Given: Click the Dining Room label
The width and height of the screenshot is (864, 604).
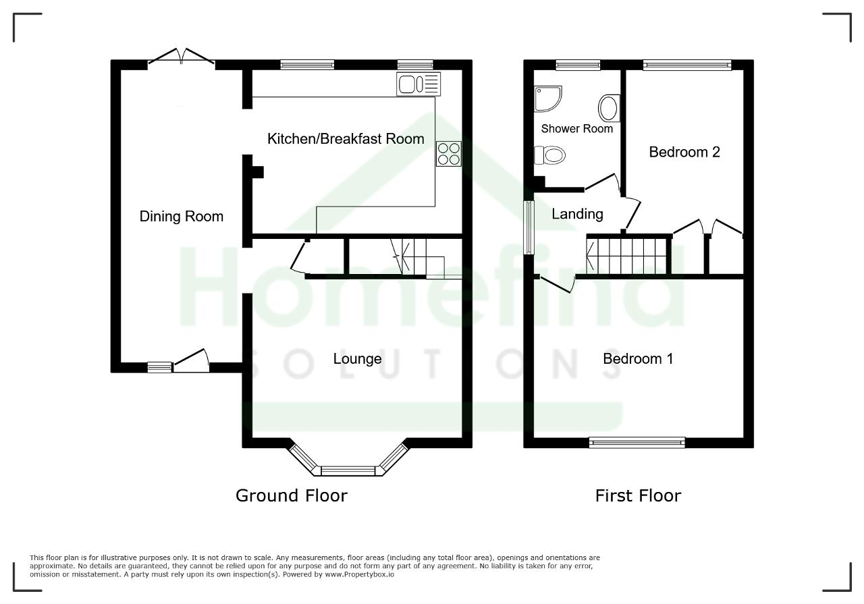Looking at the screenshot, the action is coord(182,217).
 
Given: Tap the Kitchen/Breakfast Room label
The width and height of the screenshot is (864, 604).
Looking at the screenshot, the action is coord(346,139).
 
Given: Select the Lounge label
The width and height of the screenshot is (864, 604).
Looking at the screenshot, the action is coord(357,359).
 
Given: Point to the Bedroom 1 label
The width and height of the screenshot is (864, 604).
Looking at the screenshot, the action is coord(638,359).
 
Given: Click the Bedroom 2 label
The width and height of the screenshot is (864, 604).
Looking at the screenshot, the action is coord(684,152).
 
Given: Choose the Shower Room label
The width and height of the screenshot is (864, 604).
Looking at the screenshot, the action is coord(576,128).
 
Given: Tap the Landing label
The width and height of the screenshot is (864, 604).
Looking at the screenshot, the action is coord(577,214).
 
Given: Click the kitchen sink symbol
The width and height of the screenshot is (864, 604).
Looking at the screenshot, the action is coord(418,84).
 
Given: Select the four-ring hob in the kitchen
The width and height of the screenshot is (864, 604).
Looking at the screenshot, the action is coord(449,153).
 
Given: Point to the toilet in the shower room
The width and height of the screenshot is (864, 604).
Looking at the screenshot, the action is coord(549,155).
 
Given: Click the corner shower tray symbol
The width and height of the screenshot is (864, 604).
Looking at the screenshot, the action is coord(547,99).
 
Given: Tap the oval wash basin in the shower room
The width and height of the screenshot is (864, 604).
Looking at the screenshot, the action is coord(609,108).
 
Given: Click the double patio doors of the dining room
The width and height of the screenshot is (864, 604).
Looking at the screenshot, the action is coord(182,56).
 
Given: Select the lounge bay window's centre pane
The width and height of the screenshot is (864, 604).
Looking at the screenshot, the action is coord(348,471).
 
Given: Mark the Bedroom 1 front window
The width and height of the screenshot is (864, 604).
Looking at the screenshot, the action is coord(637,443).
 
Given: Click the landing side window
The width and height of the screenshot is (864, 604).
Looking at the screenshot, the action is coord(529,227).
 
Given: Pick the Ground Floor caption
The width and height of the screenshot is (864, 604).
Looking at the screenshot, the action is coord(291,496).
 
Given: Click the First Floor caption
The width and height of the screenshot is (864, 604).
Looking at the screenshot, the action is coord(638,496).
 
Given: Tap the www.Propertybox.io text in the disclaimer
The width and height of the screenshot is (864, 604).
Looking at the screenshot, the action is coord(360,575).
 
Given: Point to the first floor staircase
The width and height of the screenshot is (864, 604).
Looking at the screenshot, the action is coord(627,256).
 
